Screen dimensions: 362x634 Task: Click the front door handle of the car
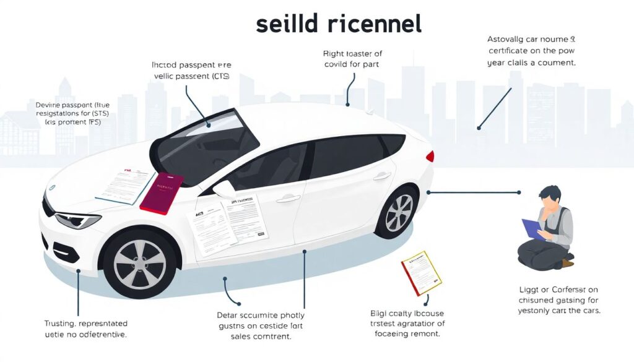pyautogui.click(x=288, y=199)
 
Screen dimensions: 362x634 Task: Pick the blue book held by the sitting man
pyautogui.click(x=532, y=228)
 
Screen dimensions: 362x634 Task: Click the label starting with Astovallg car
pyautogui.click(x=531, y=51)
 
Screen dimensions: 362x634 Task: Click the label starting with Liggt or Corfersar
pyautogui.click(x=559, y=300)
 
